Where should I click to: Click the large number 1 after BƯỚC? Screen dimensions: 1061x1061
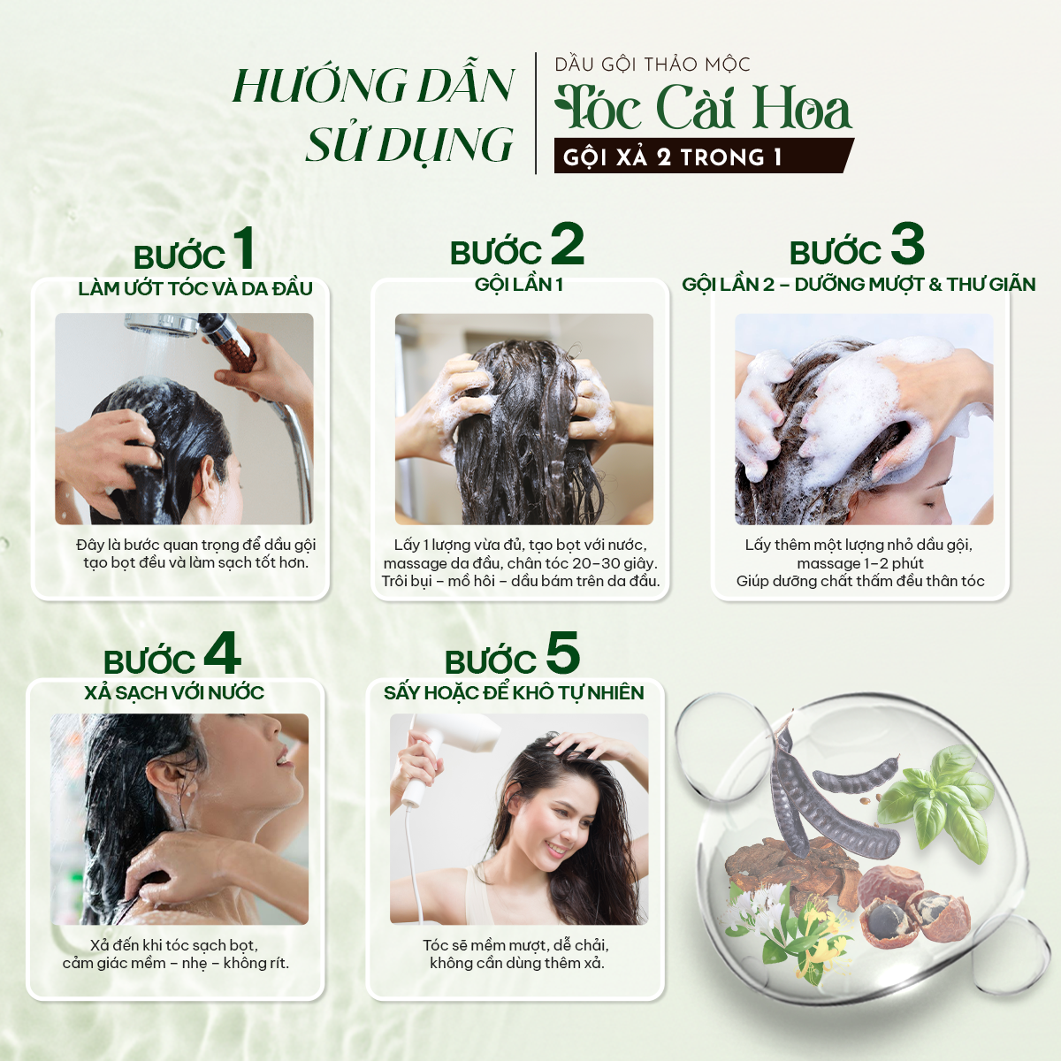(244, 248)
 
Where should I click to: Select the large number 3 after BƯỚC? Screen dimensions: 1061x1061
(907, 244)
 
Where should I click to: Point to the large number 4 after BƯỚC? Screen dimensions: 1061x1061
(223, 653)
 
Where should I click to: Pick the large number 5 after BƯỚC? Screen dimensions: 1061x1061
(562, 653)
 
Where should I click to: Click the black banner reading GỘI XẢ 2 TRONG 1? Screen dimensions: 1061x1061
(704, 156)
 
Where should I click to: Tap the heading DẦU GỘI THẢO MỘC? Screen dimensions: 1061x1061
(653, 65)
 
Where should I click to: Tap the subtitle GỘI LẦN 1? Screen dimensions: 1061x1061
(519, 285)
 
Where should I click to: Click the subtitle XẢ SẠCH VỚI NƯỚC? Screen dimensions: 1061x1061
(174, 692)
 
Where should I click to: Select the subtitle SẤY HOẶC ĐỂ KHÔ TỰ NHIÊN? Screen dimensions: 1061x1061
(514, 692)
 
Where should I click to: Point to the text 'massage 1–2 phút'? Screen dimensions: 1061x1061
(860, 563)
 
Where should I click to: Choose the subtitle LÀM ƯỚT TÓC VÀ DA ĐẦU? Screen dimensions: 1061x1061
(195, 288)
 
